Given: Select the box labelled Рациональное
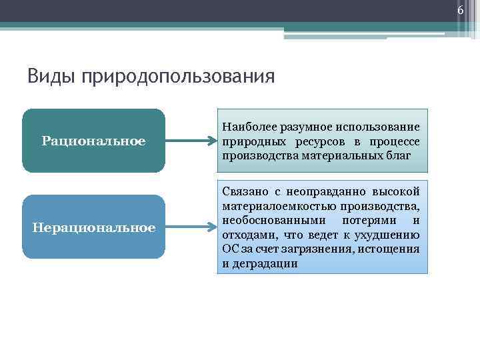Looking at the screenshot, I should [x=93, y=141].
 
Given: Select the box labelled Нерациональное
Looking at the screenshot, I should [x=93, y=227].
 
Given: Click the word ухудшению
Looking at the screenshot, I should [x=389, y=235].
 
